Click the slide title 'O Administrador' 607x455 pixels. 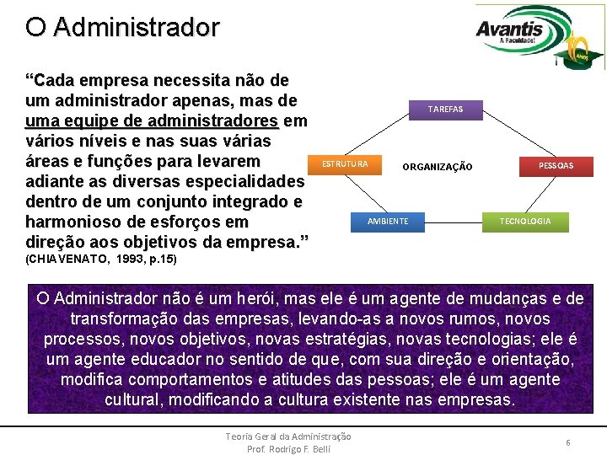pyautogui.click(x=122, y=27)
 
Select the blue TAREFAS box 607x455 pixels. pyautogui.click(x=444, y=110)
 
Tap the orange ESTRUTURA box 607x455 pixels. pyautogui.click(x=345, y=163)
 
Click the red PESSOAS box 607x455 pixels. pyautogui.click(x=556, y=166)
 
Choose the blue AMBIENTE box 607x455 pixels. pyautogui.click(x=388, y=222)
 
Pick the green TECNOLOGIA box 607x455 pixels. pyautogui.click(x=525, y=222)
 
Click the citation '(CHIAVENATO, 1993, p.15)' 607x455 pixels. pyautogui.click(x=101, y=259)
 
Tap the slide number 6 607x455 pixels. pyautogui.click(x=568, y=442)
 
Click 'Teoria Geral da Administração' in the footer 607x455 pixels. pyautogui.click(x=288, y=436)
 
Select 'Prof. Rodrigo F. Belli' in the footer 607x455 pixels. pyautogui.click(x=288, y=448)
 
